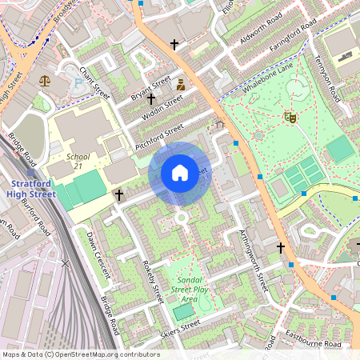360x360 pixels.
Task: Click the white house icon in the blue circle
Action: pyautogui.click(x=180, y=173)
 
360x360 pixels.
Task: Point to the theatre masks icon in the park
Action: pyautogui.click(x=290, y=118)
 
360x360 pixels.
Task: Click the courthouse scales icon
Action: pyautogui.click(x=44, y=80)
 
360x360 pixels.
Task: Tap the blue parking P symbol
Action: pyautogui.click(x=77, y=82)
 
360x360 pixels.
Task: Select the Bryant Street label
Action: pyautogui.click(x=151, y=90)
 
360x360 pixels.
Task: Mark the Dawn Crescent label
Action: pyautogui.click(x=98, y=254)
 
